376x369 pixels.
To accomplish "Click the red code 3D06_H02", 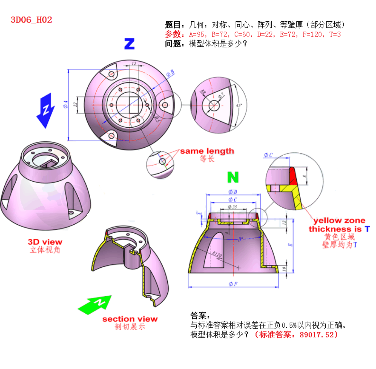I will pos(31,20).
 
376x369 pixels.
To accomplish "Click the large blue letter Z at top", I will pos(129,44).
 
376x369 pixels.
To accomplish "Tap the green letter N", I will pos(233,177).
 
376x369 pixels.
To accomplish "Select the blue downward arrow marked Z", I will pos(45,111).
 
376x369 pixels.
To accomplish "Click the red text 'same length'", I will pos(207,151).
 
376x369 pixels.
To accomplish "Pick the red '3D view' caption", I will pos(45,242).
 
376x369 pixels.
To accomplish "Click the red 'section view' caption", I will pos(130,319).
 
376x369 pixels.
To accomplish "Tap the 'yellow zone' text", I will pos(339,221).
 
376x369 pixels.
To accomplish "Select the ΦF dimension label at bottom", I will pos(233,284).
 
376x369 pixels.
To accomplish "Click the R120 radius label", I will pos(217,254).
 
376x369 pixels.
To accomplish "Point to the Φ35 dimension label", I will pos(232,207).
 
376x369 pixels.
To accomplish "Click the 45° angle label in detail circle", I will pos(239,105).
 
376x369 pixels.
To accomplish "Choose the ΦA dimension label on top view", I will pos(66,105).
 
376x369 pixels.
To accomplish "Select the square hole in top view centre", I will pos(134,105).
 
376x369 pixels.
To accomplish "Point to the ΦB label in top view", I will pos(170,73).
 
